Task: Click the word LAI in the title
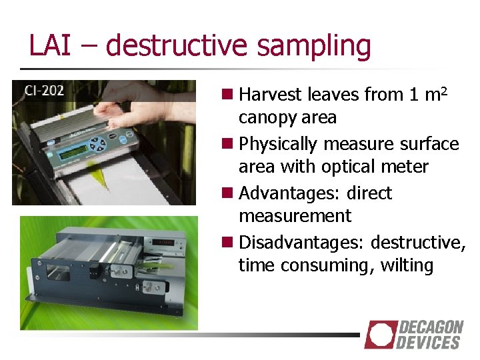51,45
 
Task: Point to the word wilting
407,266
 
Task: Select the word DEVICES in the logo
428,343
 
